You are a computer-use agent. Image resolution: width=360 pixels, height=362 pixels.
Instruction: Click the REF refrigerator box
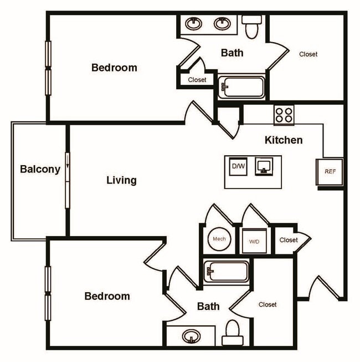pyautogui.click(x=330, y=172)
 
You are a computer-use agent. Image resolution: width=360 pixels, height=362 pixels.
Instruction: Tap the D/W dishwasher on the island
pyautogui.click(x=238, y=166)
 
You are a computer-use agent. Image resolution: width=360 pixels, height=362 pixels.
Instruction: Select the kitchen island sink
pyautogui.click(x=264, y=166)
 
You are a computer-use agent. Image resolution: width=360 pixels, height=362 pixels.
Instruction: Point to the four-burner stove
pyautogui.click(x=284, y=115)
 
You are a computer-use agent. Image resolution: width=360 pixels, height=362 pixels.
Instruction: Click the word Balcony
pyautogui.click(x=40, y=170)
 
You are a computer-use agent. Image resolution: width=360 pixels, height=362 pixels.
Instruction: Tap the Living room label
pyautogui.click(x=121, y=180)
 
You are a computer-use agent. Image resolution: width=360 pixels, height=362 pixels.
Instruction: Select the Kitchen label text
pyautogui.click(x=284, y=140)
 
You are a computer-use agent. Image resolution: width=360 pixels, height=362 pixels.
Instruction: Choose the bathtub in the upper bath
pyautogui.click(x=241, y=88)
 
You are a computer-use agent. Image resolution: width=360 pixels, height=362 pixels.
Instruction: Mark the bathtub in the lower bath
pyautogui.click(x=226, y=272)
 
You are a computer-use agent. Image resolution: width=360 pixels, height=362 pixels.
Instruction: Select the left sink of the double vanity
pyautogui.click(x=194, y=24)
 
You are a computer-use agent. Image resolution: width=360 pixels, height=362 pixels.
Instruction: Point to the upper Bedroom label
pyautogui.click(x=114, y=68)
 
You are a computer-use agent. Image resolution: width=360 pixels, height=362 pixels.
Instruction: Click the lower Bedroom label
pyautogui.click(x=107, y=296)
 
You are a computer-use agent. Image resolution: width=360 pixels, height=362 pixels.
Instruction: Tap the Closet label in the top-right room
pyautogui.click(x=308, y=54)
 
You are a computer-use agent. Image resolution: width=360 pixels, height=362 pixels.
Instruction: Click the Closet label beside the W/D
pyautogui.click(x=289, y=240)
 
